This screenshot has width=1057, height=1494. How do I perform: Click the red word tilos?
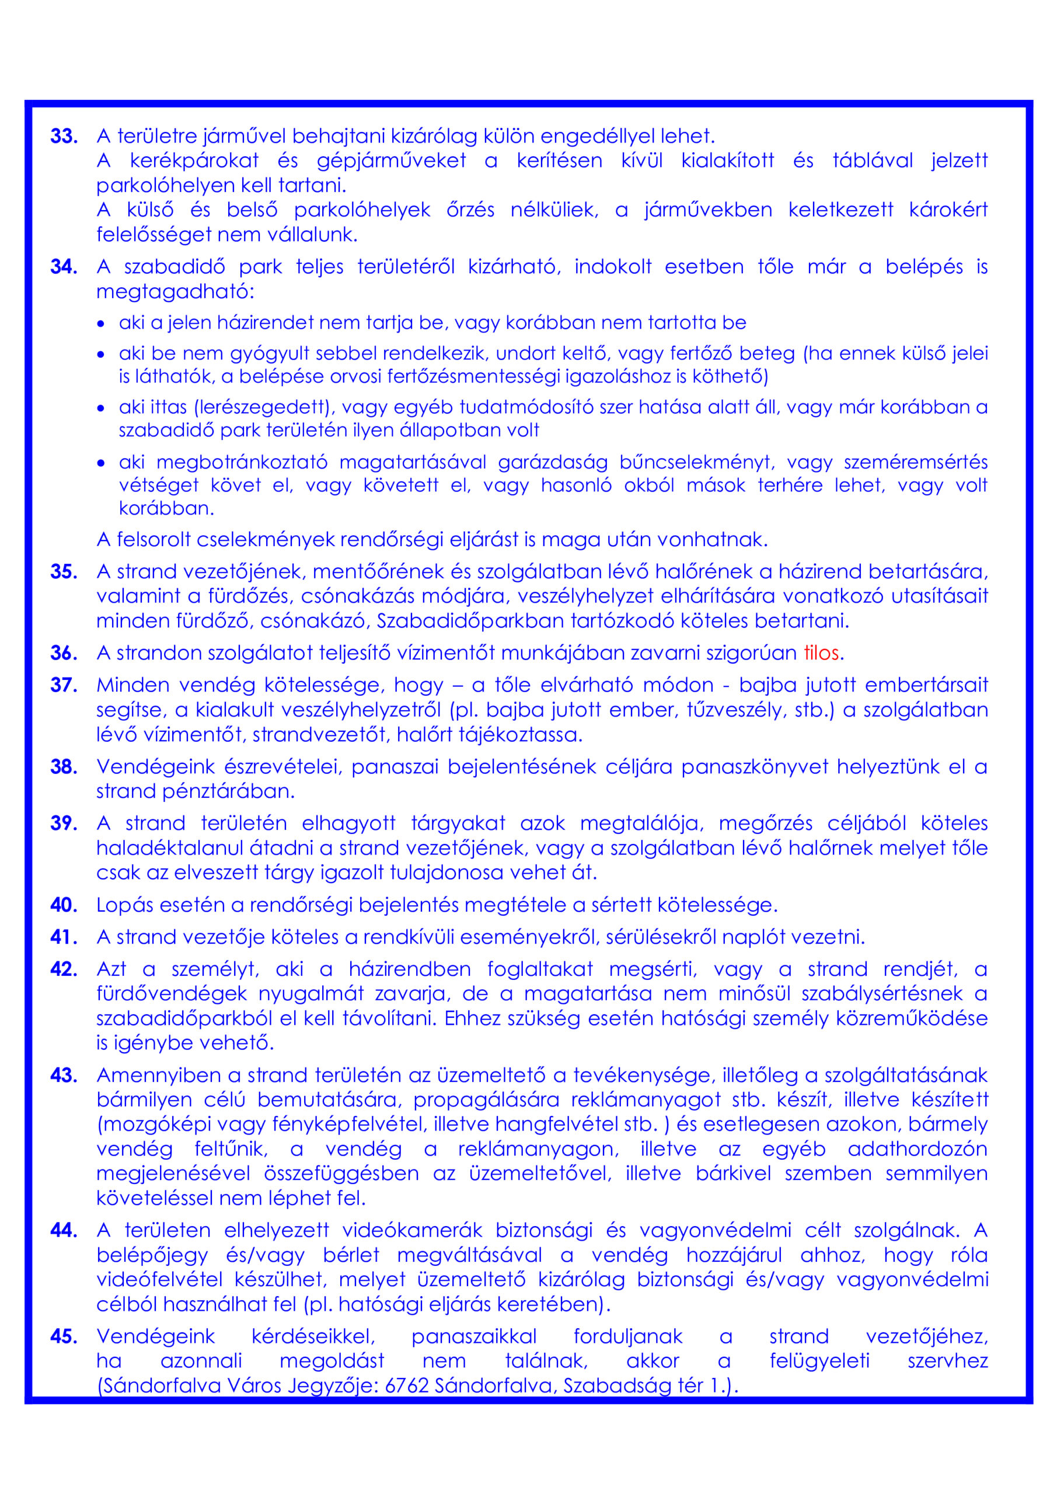821,652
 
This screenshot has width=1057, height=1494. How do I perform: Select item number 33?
64,136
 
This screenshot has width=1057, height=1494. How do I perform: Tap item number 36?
64,652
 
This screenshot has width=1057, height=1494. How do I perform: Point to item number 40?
64,905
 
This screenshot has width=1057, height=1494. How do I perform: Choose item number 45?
64,1336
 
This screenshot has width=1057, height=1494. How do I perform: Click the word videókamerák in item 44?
412,1230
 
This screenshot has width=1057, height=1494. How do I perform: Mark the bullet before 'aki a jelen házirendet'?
101,323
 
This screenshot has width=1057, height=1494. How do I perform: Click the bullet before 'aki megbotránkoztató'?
101,463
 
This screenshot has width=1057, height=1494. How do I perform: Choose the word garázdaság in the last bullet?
553,462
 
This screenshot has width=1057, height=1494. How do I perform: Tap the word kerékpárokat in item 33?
194,160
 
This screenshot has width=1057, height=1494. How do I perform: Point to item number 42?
64,969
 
